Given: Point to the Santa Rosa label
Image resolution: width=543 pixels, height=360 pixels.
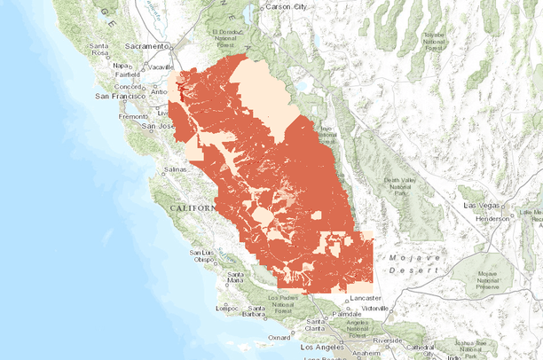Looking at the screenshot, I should pos(98,49).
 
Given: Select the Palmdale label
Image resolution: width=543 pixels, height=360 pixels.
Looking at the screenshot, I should pos(347,314).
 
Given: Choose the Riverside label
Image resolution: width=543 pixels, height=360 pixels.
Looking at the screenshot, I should pos(388,339).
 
